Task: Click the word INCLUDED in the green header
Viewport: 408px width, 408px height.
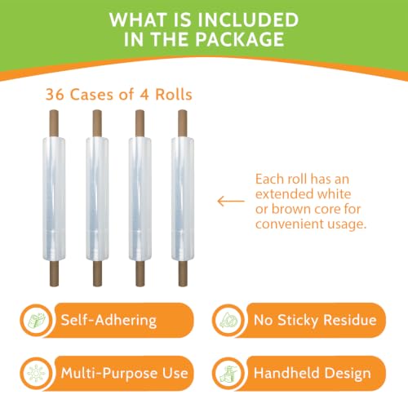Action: click(x=247, y=20)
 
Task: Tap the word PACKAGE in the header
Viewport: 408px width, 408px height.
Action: click(x=240, y=39)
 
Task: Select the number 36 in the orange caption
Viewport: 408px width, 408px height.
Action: click(x=55, y=95)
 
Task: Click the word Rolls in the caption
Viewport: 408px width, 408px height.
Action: click(x=174, y=95)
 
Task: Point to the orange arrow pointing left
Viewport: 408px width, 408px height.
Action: click(x=231, y=202)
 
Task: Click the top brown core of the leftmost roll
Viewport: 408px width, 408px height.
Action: click(x=54, y=123)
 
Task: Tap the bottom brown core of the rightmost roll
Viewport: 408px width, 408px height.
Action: click(x=183, y=273)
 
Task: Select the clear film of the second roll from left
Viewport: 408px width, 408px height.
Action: click(x=97, y=199)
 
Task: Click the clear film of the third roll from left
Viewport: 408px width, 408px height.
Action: click(x=140, y=199)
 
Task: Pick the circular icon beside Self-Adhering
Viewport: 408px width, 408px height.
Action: click(x=37, y=320)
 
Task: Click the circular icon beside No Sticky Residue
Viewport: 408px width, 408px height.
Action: click(x=228, y=320)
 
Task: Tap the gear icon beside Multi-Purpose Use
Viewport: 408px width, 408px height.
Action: click(x=37, y=373)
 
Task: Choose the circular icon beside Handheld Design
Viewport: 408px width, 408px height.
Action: click(x=228, y=373)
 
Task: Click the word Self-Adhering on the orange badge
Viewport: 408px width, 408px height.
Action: click(x=109, y=320)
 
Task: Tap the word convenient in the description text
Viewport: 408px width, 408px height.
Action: click(x=289, y=224)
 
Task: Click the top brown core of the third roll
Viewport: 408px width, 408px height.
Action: click(x=140, y=123)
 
